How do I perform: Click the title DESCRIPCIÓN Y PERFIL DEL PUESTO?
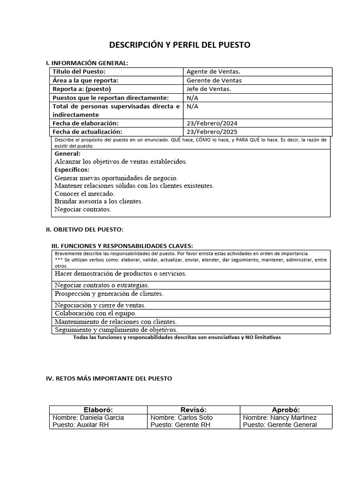(180, 45)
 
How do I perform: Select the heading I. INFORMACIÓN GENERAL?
(87, 63)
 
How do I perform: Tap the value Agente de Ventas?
(213, 72)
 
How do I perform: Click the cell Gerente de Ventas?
(214, 80)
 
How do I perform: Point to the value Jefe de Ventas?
(209, 89)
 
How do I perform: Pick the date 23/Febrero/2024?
(212, 123)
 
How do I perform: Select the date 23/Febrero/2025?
(212, 132)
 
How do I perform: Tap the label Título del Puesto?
(79, 72)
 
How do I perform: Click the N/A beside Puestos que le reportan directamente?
(192, 97)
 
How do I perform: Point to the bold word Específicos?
(72, 170)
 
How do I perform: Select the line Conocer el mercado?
(84, 193)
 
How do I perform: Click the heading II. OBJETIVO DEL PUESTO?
(84, 229)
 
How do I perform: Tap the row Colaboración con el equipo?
(95, 313)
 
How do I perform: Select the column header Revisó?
(193, 409)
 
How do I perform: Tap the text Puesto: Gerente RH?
(180, 425)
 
